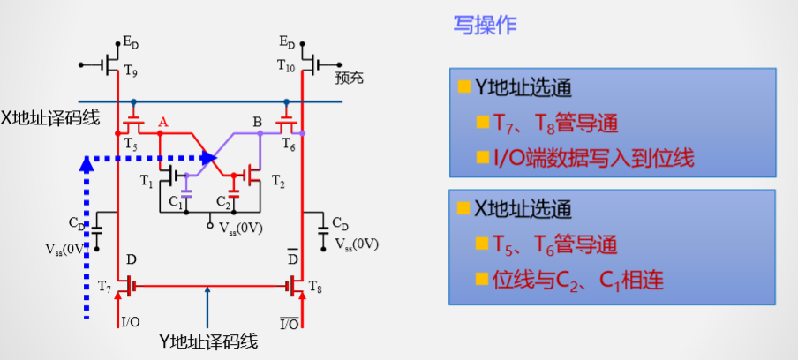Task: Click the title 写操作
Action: point(485,26)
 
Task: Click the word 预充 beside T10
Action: point(350,79)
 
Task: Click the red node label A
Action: point(162,121)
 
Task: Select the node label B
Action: point(257,122)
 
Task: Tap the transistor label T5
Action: point(131,144)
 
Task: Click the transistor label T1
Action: point(145,180)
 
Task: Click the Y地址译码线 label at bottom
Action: point(207,341)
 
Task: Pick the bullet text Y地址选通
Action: point(523,87)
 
